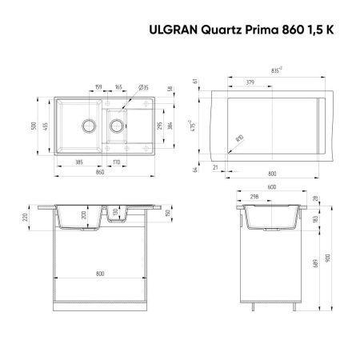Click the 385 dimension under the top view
78,162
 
